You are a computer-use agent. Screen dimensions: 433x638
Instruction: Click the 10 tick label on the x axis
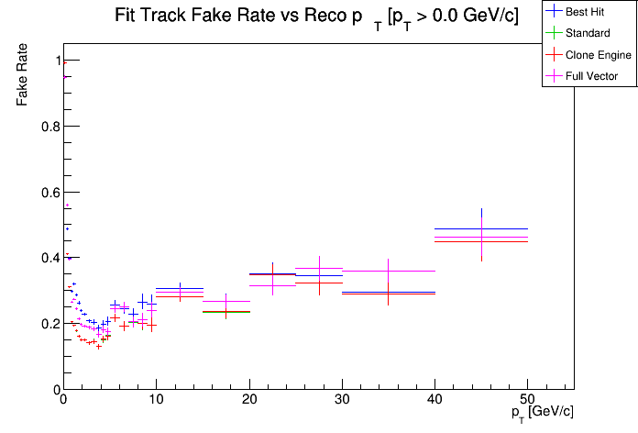coord(156,401)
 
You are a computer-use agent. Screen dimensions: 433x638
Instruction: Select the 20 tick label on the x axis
coord(248,401)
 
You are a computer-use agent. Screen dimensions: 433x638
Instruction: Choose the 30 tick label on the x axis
coord(342,401)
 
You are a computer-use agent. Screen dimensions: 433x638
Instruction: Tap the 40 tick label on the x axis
coord(434,401)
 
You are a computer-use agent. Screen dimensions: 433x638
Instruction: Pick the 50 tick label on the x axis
coord(527,401)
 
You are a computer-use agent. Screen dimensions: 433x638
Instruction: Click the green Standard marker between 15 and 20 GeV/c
coord(226,312)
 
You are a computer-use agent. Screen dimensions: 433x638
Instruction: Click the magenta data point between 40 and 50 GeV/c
coord(481,237)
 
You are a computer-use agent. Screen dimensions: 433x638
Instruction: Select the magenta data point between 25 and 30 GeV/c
coord(319,269)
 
